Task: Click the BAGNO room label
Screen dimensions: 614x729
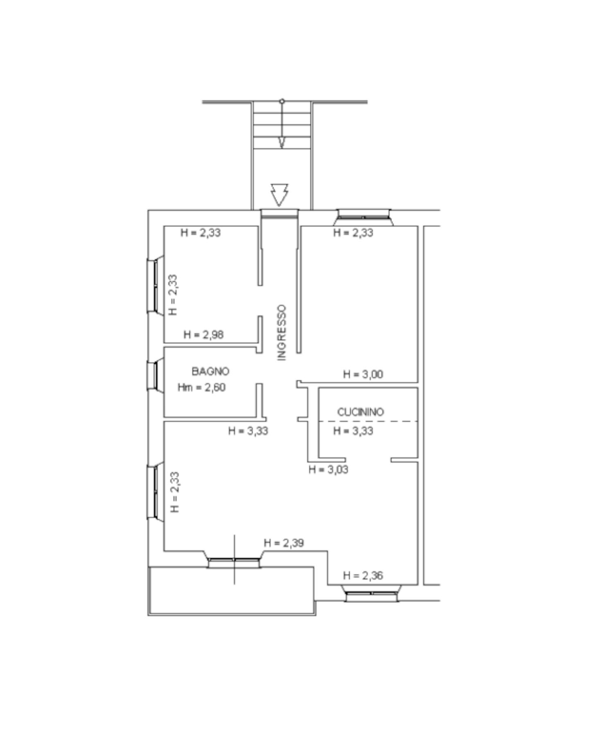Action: coord(210,371)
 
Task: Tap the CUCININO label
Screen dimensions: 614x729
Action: coord(361,412)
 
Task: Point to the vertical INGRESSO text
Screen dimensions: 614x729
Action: coord(282,332)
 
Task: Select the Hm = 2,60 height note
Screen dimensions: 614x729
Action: coord(201,387)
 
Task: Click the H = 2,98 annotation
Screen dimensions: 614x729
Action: coord(203,334)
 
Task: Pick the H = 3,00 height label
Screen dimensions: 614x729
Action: coord(363,374)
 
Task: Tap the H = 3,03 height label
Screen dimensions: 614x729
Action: coord(328,469)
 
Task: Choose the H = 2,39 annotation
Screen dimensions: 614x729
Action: coord(284,543)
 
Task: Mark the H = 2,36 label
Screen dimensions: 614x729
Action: coord(363,576)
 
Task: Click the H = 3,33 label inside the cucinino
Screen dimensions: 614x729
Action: coord(353,431)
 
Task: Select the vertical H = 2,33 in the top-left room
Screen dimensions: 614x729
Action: coord(173,295)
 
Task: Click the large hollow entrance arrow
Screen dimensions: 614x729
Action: coord(280,195)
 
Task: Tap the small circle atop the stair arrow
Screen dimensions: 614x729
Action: coord(282,101)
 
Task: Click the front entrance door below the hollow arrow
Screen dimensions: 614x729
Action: coord(280,214)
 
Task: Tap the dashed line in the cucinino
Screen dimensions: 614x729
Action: coord(368,421)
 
